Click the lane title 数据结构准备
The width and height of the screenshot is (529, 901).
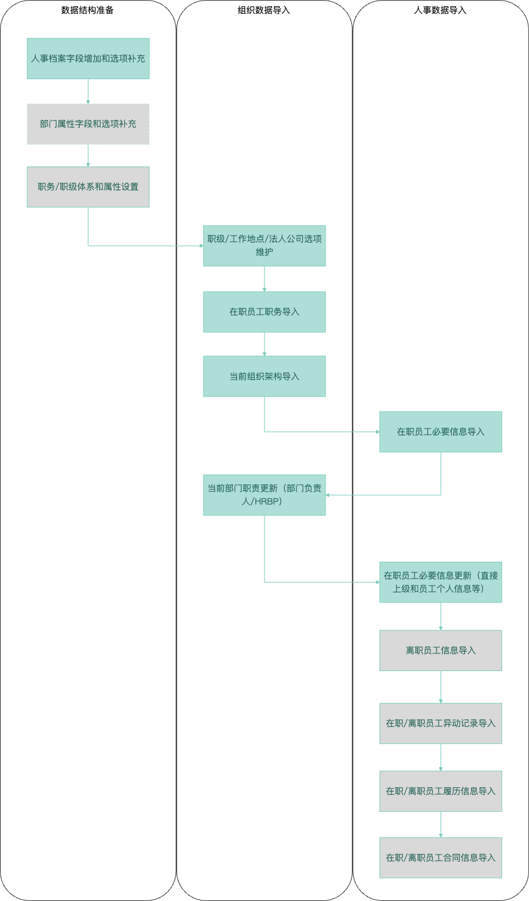click(87, 10)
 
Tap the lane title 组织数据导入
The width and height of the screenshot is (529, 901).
click(264, 10)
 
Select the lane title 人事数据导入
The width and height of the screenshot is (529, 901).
click(440, 10)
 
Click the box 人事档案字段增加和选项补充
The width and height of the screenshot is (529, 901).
click(88, 58)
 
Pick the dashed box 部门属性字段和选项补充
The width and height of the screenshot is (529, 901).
click(88, 124)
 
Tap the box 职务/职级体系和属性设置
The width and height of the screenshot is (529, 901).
click(88, 187)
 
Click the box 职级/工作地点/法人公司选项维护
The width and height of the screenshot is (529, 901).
click(264, 246)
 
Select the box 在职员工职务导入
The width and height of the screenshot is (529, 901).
click(264, 312)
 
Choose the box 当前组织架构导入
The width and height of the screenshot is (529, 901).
click(264, 376)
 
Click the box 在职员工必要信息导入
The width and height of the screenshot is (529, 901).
click(440, 432)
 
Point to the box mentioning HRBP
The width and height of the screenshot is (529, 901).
click(264, 494)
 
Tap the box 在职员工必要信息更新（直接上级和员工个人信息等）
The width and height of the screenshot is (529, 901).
click(440, 582)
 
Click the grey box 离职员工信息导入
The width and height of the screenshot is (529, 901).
click(440, 650)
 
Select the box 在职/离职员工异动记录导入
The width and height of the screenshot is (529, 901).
click(440, 723)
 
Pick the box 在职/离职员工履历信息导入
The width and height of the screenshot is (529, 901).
click(440, 791)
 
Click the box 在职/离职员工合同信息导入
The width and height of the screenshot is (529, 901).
click(440, 858)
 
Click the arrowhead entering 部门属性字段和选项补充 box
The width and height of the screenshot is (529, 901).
click(88, 102)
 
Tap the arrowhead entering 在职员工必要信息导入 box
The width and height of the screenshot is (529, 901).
click(378, 432)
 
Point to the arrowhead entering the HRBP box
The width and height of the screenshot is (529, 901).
click(328, 494)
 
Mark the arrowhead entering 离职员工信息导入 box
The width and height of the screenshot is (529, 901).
click(440, 628)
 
